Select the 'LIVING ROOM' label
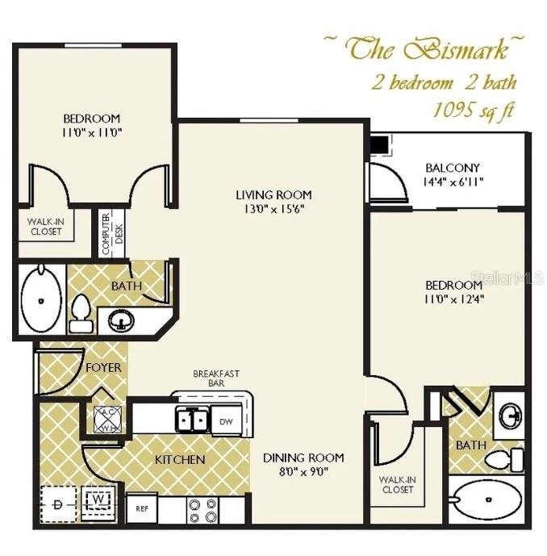coord(273,194)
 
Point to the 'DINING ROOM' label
coord(303,457)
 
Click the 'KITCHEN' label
coord(180,460)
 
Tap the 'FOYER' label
coord(104,368)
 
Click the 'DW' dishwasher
coord(225,421)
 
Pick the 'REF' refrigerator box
coord(141,509)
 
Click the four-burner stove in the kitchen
coord(202,510)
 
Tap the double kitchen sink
coord(193,420)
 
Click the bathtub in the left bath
coord(40,299)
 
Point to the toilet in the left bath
coord(81,313)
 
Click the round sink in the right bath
coord(509,416)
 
